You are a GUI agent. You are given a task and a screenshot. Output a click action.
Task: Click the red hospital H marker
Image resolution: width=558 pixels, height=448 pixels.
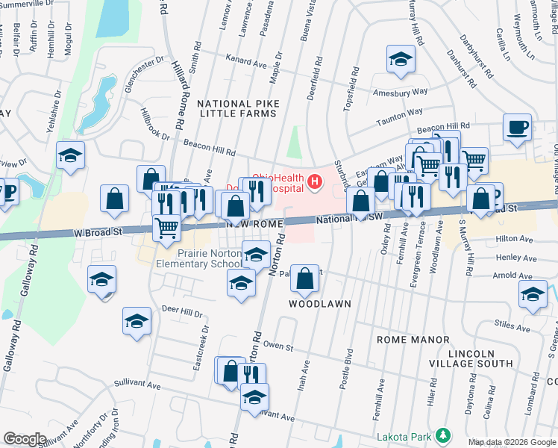click(316, 181)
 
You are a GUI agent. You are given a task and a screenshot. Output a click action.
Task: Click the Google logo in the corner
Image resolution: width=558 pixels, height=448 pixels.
click(25, 439)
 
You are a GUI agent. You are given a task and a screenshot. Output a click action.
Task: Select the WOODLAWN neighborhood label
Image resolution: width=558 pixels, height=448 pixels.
click(320, 305)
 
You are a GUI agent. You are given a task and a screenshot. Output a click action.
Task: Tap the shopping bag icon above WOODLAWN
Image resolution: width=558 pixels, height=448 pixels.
click(304, 281)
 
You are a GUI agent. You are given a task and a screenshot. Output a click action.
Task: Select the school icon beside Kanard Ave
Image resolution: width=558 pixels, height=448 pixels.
click(401, 59)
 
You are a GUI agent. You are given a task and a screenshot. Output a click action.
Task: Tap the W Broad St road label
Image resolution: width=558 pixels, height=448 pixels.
click(98, 232)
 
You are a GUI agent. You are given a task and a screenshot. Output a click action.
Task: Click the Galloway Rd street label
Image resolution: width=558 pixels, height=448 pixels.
click(19, 273)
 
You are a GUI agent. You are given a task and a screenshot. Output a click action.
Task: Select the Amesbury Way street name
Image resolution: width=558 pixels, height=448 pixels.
click(401, 91)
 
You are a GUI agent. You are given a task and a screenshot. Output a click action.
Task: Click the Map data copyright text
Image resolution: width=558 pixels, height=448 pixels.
click(512, 442)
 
